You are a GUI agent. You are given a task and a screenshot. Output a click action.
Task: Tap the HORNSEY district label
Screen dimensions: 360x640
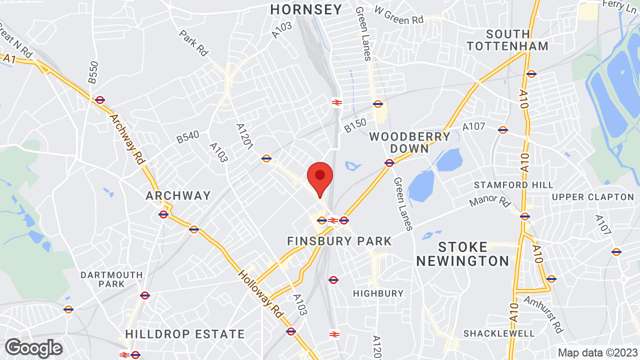pos(306,9)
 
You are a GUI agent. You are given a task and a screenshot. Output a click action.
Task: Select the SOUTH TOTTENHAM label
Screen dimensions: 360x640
pos(507,40)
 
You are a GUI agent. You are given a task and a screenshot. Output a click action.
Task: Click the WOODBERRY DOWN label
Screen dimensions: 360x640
pos(409,142)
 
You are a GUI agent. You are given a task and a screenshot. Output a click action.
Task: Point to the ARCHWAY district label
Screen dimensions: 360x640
pos(178,195)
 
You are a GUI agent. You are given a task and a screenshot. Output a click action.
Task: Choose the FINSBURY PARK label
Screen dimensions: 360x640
pos(339,241)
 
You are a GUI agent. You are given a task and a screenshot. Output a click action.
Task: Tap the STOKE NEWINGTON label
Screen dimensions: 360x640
pos(462,254)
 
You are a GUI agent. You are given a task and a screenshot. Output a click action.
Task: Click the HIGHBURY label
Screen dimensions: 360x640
pos(378,293)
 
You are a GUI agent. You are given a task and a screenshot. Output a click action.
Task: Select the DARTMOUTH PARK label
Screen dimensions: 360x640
pos(111,279)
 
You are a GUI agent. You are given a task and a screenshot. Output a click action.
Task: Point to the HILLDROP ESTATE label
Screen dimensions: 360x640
pos(185,334)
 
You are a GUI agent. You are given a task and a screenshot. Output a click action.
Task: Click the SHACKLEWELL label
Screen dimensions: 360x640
pos(499,333)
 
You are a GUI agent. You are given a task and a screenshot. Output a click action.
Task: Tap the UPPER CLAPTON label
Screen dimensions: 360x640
pos(593,197)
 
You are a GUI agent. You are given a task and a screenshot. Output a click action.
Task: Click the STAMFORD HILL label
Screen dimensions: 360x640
pos(513,185)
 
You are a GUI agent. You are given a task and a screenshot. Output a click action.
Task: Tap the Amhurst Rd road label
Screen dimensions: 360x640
pos(543,314)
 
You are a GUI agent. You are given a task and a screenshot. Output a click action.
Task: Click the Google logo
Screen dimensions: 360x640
pos(33,348)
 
